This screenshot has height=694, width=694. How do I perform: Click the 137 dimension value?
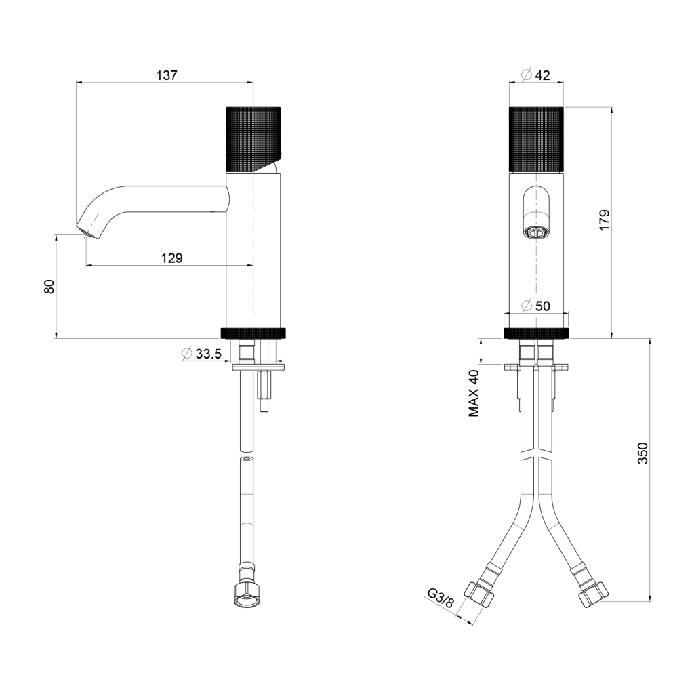pyautogui.click(x=167, y=75)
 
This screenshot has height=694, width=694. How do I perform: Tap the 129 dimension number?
pyautogui.click(x=171, y=258)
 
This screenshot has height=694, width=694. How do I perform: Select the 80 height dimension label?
pyautogui.click(x=49, y=287)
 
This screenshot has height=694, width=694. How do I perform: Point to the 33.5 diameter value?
pyautogui.click(x=208, y=354)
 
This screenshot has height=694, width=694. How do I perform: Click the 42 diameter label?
pyautogui.click(x=542, y=75)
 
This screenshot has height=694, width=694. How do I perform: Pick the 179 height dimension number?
pyautogui.click(x=604, y=220)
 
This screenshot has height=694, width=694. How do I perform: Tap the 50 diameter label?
pyautogui.click(x=542, y=306)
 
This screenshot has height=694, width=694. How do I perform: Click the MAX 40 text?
pyautogui.click(x=474, y=393)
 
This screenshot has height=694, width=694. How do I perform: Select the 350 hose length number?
pyautogui.click(x=642, y=453)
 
